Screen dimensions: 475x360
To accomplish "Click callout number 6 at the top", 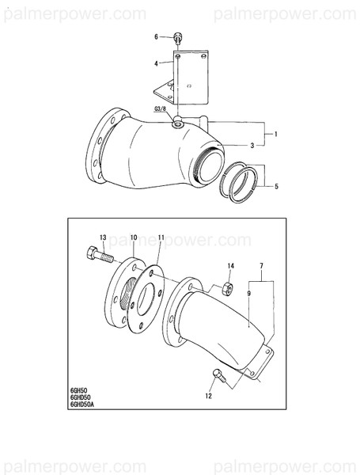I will click(157, 36).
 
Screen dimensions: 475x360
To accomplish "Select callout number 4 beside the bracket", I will click(157, 63).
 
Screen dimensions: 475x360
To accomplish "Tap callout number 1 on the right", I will click(275, 135).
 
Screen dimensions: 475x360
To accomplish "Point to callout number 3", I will click(252, 146).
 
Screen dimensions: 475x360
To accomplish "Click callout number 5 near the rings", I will click(275, 187).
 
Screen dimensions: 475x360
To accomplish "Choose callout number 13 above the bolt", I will click(103, 238).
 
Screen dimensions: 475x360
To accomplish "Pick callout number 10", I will click(134, 237).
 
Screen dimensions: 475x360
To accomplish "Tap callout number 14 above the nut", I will click(230, 265).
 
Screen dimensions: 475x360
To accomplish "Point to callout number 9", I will click(248, 292).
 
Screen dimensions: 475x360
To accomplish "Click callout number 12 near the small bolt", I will click(209, 394).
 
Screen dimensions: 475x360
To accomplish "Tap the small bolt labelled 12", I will click(220, 376).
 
